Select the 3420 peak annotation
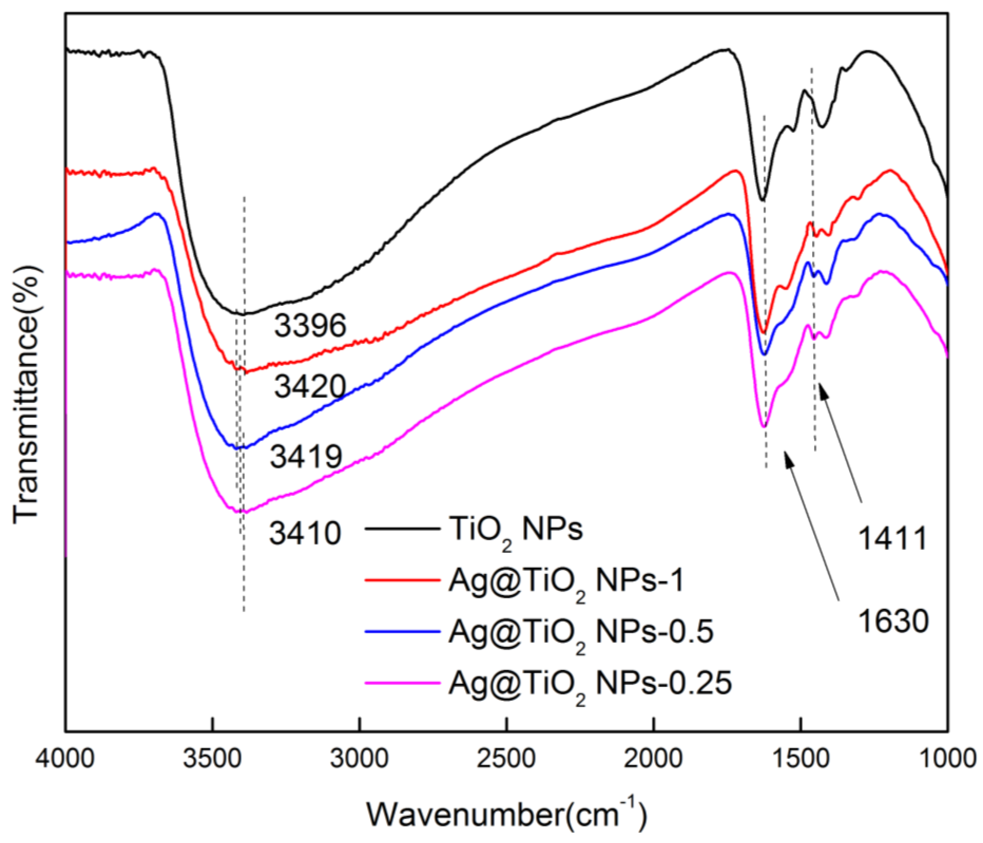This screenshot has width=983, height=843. click(310, 387)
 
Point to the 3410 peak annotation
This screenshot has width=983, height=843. click(305, 533)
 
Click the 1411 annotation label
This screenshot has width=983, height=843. click(892, 539)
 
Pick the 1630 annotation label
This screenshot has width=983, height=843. click(893, 622)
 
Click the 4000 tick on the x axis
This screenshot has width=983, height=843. click(65, 758)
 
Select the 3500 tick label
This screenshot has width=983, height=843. click(213, 758)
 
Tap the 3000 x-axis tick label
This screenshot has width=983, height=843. click(360, 758)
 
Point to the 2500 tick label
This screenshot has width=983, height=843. click(507, 758)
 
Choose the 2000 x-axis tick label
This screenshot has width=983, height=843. click(654, 758)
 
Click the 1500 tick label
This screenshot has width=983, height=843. click(801, 758)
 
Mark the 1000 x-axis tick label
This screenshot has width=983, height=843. click(946, 758)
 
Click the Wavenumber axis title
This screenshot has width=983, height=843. click(507, 815)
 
